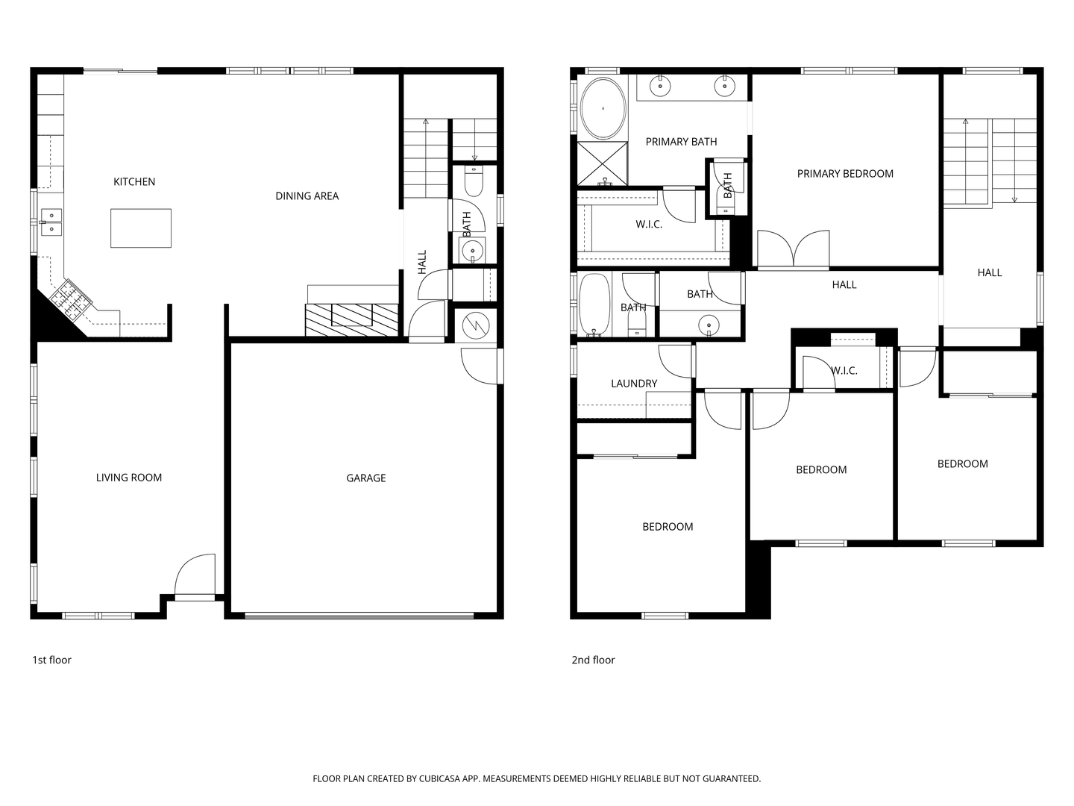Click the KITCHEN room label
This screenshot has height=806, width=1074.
(x=134, y=182)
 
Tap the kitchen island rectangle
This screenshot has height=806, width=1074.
(x=141, y=228)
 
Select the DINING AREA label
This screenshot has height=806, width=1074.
(x=307, y=196)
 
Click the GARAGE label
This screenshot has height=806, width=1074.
(x=365, y=478)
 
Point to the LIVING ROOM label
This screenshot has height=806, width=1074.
(x=128, y=478)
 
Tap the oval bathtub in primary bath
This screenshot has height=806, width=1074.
(x=603, y=108)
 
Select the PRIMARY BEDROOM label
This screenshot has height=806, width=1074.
(x=845, y=174)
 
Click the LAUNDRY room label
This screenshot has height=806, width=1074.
(x=634, y=384)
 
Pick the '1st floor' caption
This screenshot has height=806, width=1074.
(x=51, y=660)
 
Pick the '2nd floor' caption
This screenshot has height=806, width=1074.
(x=593, y=660)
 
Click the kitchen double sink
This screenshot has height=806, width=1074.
(x=51, y=222)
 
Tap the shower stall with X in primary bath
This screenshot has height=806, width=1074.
(x=603, y=163)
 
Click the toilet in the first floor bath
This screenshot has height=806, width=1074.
(x=474, y=180)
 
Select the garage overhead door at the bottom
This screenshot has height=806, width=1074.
(x=359, y=616)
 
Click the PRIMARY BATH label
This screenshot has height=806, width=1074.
(x=681, y=142)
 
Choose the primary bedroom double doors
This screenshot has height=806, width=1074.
(x=793, y=250)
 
